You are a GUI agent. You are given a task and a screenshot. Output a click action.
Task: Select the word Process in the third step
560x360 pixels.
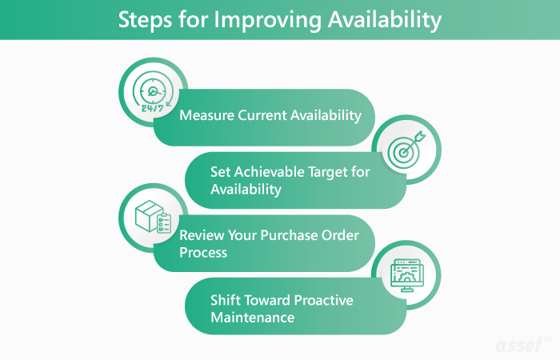(x=204, y=253)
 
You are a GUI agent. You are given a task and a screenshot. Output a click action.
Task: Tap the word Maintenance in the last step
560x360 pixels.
(x=253, y=318)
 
